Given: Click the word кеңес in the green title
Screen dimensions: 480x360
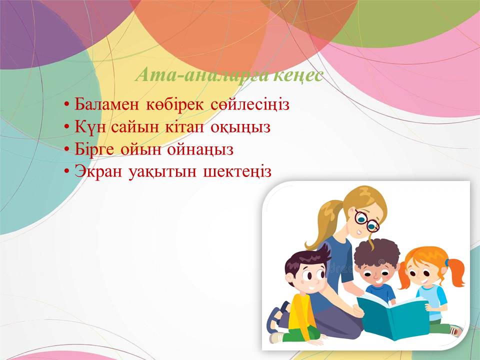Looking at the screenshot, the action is [298, 75].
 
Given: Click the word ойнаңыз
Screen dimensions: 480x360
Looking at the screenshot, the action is [200, 150].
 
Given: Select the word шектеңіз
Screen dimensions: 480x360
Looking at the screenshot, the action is [237, 172].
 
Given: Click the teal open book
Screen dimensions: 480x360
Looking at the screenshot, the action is [393, 315].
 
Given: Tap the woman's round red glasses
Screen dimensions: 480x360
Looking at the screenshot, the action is [366, 220].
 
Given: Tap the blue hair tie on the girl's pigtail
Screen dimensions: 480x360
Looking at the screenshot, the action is [447, 262].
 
